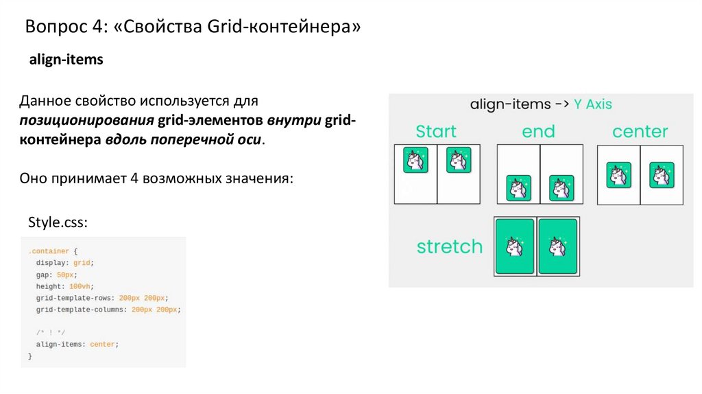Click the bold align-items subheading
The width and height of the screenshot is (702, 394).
pos(66,60)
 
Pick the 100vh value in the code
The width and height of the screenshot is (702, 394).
pos(80,286)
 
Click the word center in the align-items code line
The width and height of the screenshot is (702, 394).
pos(103,345)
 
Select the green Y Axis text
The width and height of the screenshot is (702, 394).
pos(593,104)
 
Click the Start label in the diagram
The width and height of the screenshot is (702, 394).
pos(437,131)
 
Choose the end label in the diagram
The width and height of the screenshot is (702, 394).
pos(539,131)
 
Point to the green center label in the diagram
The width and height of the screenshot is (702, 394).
pos(640,131)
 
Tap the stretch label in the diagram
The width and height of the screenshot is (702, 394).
pos(450,246)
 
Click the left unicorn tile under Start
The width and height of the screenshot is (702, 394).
pos(415,160)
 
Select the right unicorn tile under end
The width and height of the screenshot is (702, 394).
pos(561,187)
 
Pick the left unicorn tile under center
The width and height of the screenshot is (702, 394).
pos(619,175)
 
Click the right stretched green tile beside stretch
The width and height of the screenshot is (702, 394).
pos(558,246)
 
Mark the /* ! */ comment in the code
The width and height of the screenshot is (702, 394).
pos(46,332)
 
